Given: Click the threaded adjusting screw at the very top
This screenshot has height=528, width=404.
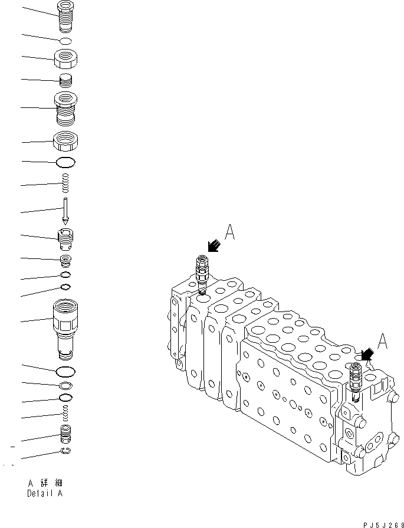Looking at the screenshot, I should coord(67,15).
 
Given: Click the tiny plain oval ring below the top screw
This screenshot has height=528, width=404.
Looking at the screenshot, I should coord(67,40).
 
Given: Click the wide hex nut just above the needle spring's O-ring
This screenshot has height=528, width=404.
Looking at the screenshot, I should coord(67,142).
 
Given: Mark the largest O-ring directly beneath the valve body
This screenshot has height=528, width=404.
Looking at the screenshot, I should coord(65,372).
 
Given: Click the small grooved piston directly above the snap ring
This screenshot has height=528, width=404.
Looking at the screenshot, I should coord(66,437).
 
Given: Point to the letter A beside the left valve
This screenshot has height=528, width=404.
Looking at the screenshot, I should coord(230,234).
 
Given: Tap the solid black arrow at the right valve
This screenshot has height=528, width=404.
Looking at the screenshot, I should coord(367,354).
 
